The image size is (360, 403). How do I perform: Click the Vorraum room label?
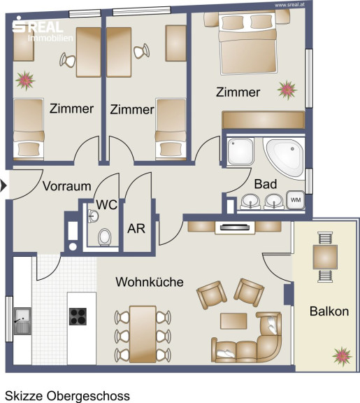coord(67,186)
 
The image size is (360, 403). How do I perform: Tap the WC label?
coord(107,205)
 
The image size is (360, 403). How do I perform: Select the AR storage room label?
coord(136,229)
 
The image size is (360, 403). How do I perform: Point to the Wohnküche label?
coord(150,282)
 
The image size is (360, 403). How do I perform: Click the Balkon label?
coord(329,311)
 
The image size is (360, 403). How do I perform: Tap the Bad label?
coord(266,184)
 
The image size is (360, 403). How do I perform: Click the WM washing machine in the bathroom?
coord(296,199)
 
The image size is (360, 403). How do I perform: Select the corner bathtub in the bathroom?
coord(285,157)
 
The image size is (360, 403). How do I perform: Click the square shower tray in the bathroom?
coord(240,151)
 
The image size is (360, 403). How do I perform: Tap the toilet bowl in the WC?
coord(105,237)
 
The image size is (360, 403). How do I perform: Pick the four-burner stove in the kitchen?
coord(78,316)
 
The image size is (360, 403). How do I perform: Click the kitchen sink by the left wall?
coord(22,320)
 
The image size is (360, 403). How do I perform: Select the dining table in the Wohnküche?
coord(143,334)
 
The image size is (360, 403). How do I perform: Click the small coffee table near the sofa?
coord(233,320)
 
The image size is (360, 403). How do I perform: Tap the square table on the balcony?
coord(325,257)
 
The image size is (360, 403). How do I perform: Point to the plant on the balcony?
coord(342,357)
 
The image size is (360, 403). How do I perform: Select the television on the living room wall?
coord(235,227)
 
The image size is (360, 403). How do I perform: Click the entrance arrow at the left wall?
coord(3,185)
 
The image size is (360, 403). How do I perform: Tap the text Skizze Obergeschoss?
coord(67,396)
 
